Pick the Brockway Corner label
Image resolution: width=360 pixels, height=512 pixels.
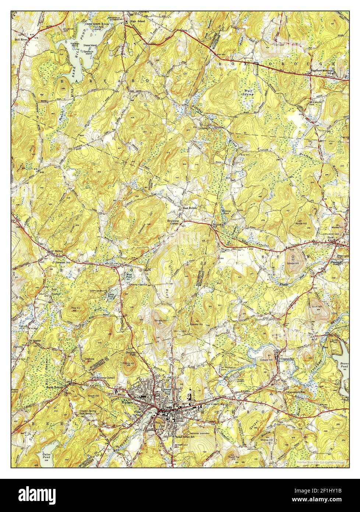click(x=173, y=222)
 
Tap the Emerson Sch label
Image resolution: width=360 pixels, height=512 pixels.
click(x=62, y=262)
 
